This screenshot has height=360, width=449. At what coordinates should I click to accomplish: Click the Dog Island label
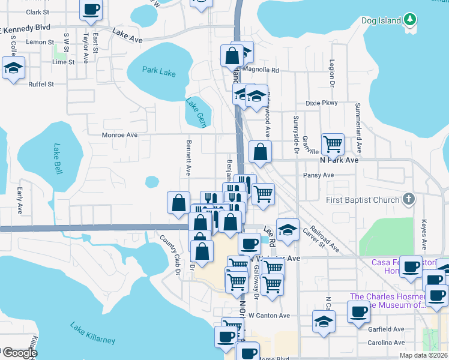click(x=381, y=20)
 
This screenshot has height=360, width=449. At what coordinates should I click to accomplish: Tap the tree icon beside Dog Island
click(x=410, y=20)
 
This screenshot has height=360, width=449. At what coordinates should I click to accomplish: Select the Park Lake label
click(x=159, y=71)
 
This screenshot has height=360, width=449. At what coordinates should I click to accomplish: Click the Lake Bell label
click(x=58, y=158)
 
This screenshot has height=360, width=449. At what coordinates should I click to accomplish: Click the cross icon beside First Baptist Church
click(x=408, y=199)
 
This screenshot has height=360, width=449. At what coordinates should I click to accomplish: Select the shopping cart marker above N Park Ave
click(x=333, y=144)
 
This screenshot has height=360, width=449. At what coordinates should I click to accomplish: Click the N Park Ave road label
click(x=339, y=160)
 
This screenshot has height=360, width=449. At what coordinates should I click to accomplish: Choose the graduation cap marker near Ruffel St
click(x=13, y=68)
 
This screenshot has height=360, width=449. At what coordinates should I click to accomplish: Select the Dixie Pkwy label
click(x=322, y=103)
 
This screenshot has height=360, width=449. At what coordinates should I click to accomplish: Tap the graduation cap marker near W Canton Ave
click(x=324, y=321)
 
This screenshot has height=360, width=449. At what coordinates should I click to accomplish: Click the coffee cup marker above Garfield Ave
click(x=358, y=311)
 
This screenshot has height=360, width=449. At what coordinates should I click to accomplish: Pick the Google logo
click(x=19, y=353)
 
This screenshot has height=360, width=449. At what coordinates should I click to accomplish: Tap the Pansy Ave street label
click(x=319, y=175)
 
